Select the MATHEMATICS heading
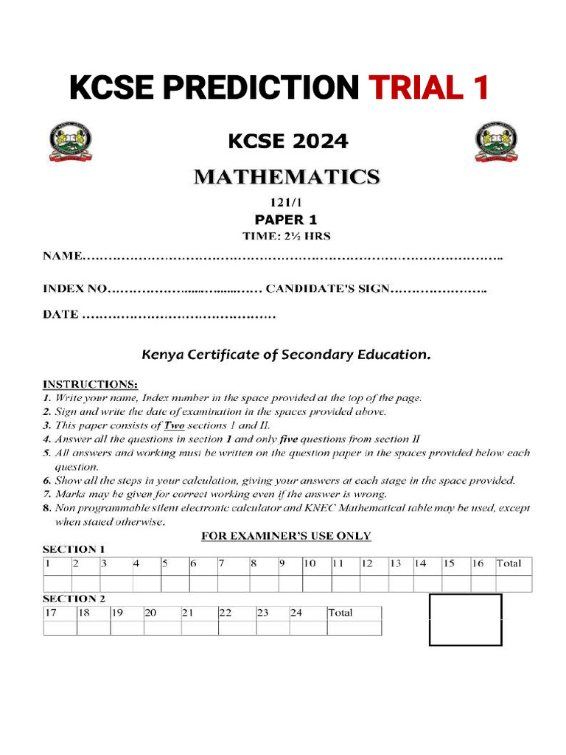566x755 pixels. (287, 177)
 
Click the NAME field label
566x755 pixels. (62, 257)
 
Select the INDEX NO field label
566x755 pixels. (74, 288)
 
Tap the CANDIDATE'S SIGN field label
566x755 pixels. (326, 288)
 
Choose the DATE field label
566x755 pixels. (60, 315)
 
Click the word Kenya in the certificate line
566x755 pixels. (162, 355)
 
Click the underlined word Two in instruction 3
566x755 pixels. (173, 425)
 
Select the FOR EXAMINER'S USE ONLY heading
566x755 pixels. (286, 536)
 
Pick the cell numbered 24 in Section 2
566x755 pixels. (296, 613)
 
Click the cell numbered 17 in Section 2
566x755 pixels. (52, 613)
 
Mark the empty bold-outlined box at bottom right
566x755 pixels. (465, 619)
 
